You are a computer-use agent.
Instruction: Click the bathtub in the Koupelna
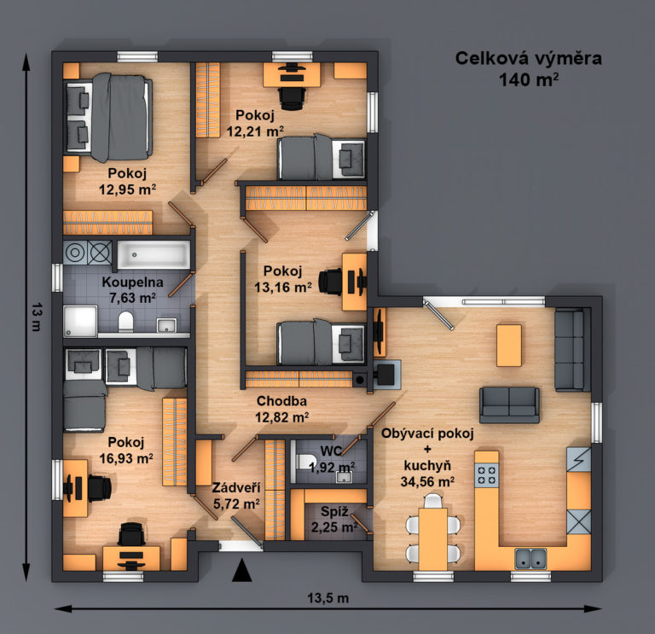[x=154, y=254]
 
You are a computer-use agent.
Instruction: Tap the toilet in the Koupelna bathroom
[x=125, y=322]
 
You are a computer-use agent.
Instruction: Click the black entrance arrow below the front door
[x=242, y=571]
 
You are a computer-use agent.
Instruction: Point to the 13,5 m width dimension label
[x=327, y=598]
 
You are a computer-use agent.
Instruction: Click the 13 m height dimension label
[x=37, y=317]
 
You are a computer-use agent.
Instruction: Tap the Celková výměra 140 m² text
[x=529, y=69]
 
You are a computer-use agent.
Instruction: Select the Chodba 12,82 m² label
[x=282, y=409]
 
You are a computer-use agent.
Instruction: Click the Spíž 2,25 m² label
[x=334, y=519]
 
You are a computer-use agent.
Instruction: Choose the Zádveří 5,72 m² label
[x=236, y=496]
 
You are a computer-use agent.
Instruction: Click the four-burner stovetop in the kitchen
[x=487, y=475]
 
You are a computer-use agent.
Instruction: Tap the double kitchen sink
[x=530, y=559]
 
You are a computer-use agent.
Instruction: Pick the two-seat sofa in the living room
[x=509, y=405]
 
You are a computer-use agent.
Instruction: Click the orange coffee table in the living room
[x=509, y=346]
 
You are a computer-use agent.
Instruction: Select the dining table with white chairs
[x=433, y=532]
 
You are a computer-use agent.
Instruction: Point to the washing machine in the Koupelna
[x=75, y=253]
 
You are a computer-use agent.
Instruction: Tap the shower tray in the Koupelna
[x=80, y=321]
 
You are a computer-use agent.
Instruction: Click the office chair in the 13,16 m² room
[x=330, y=282]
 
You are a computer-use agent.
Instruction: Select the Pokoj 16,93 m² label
[x=125, y=450]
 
